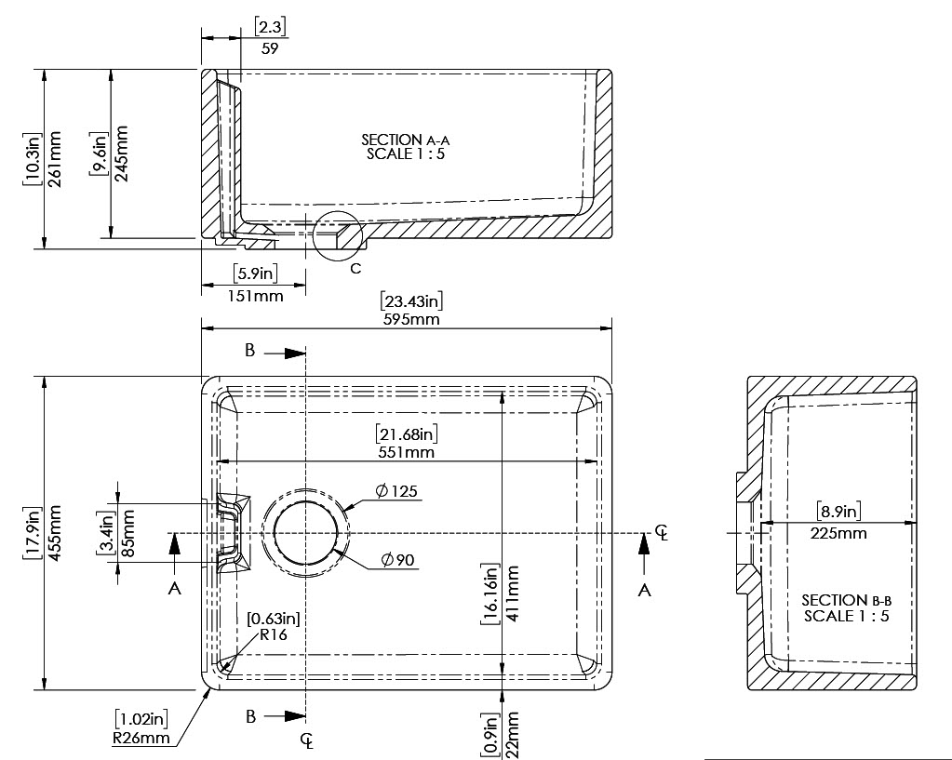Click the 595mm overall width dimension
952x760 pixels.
[411, 319]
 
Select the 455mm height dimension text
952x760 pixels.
[53, 533]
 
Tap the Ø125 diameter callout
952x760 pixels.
[396, 490]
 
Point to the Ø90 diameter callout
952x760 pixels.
[398, 560]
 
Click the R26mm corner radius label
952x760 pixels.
[141, 738]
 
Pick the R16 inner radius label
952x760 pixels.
[274, 635]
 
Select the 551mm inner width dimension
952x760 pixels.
[406, 452]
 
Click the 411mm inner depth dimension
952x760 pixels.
[512, 593]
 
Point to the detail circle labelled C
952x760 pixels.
[338, 236]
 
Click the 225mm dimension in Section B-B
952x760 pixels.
[838, 534]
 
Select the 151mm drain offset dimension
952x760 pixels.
[255, 296]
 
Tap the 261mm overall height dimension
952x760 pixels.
[53, 159]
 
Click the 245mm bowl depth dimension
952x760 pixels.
[121, 153]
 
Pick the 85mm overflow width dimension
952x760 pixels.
[128, 533]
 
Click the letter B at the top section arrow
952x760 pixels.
[250, 351]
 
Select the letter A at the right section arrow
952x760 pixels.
[645, 590]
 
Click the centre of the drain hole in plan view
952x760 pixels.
[305, 532]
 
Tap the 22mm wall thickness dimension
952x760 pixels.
[512, 735]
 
